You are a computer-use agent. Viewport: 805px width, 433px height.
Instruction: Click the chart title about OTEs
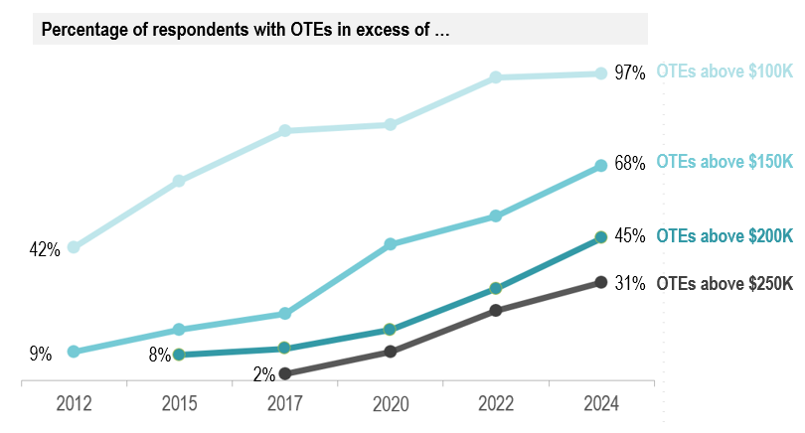coord(244,29)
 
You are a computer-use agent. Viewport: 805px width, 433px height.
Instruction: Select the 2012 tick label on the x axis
coord(74,403)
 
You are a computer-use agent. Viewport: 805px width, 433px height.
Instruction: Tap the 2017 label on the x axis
coord(284,403)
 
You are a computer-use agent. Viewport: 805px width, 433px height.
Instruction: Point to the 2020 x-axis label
coord(390,403)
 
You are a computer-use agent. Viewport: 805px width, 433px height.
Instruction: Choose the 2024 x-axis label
coord(600,403)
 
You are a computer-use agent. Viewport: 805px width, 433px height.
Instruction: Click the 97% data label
coord(630,72)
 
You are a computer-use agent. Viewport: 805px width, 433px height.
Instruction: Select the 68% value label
coord(630,164)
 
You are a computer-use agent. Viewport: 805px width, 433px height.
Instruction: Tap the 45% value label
coord(630,236)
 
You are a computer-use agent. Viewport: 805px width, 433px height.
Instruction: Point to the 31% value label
coord(630,283)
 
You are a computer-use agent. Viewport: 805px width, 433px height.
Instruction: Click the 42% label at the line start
coord(45,250)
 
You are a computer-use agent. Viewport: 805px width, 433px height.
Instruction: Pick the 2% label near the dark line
coord(263,375)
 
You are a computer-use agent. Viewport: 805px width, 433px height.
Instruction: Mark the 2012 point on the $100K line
coord(74,247)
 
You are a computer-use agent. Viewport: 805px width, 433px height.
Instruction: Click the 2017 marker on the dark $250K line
coord(284,373)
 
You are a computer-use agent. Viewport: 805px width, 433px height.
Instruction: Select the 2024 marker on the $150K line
coord(600,166)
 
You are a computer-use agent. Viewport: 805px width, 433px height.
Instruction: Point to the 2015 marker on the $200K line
coord(179,354)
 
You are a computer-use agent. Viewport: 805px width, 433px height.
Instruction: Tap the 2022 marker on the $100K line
coord(495,76)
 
